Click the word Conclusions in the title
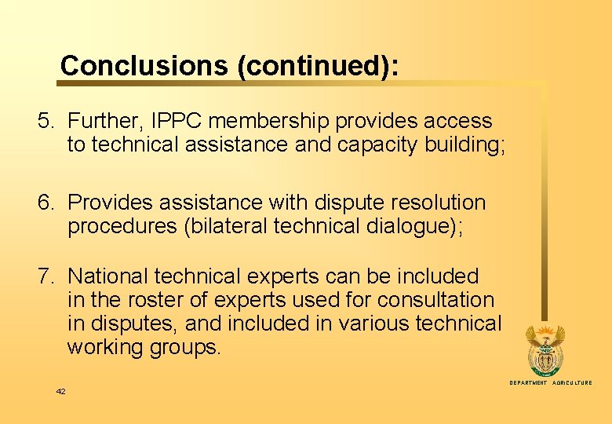click(x=144, y=66)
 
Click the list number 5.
click(x=46, y=121)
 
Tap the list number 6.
click(x=46, y=203)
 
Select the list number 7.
click(x=46, y=276)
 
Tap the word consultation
click(x=435, y=300)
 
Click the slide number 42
click(x=60, y=391)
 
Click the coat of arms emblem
click(x=544, y=350)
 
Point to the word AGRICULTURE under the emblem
click(x=572, y=382)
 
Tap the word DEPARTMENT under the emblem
click(x=528, y=382)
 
